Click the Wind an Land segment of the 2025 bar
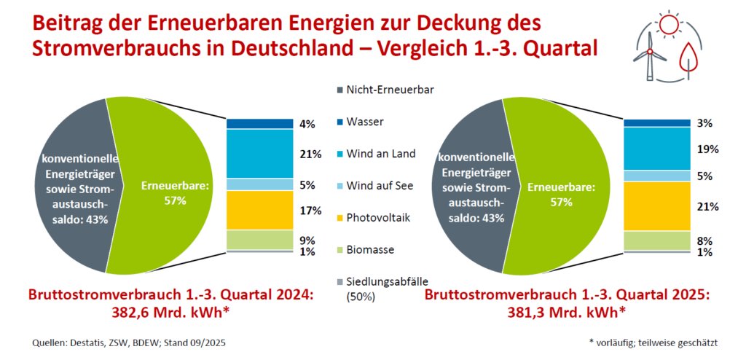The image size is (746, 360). coord(656,149)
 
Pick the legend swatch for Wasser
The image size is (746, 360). coord(339,122)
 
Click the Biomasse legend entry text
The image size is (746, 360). coord(370,249)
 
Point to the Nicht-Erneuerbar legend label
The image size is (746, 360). coord(390,90)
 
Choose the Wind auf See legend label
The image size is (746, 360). coord(380,185)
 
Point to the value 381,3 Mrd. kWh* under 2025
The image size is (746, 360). coord(565,312)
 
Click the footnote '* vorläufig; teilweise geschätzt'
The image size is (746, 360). coord(653,342)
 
